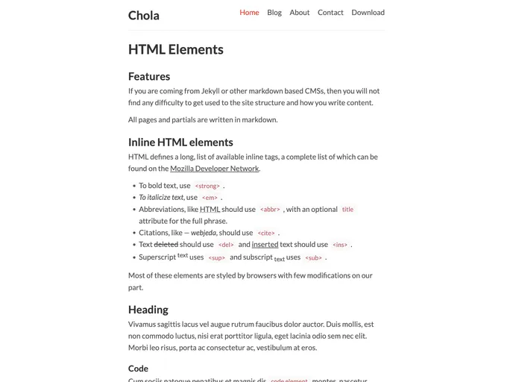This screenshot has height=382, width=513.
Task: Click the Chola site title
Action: tap(144, 15)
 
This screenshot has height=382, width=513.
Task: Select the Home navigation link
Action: tap(249, 13)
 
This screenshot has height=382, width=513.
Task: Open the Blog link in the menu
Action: tap(274, 13)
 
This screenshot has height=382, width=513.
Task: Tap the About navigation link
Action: tap(300, 13)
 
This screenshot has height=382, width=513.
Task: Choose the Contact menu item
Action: tap(330, 13)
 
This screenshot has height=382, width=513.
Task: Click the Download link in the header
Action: tap(368, 13)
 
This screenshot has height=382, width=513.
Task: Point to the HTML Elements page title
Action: tap(176, 49)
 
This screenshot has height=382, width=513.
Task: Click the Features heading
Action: tap(149, 76)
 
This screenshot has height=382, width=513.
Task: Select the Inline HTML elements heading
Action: tap(180, 142)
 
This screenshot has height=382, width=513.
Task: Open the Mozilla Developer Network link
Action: tap(214, 169)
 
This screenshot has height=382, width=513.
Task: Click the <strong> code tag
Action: tap(207, 186)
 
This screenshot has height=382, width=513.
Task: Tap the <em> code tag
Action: tap(210, 198)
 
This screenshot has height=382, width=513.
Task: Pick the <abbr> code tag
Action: tap(270, 210)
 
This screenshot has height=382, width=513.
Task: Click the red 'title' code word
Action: tap(347, 210)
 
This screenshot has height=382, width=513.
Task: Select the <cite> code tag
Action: tap(266, 234)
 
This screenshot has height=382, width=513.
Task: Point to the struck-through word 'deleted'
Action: tap(166, 244)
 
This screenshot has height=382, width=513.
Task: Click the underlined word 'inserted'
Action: tap(265, 244)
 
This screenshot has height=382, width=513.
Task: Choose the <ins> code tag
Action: tap(340, 245)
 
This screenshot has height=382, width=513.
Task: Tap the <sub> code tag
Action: tap(313, 258)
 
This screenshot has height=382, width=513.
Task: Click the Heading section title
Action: tap(148, 310)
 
